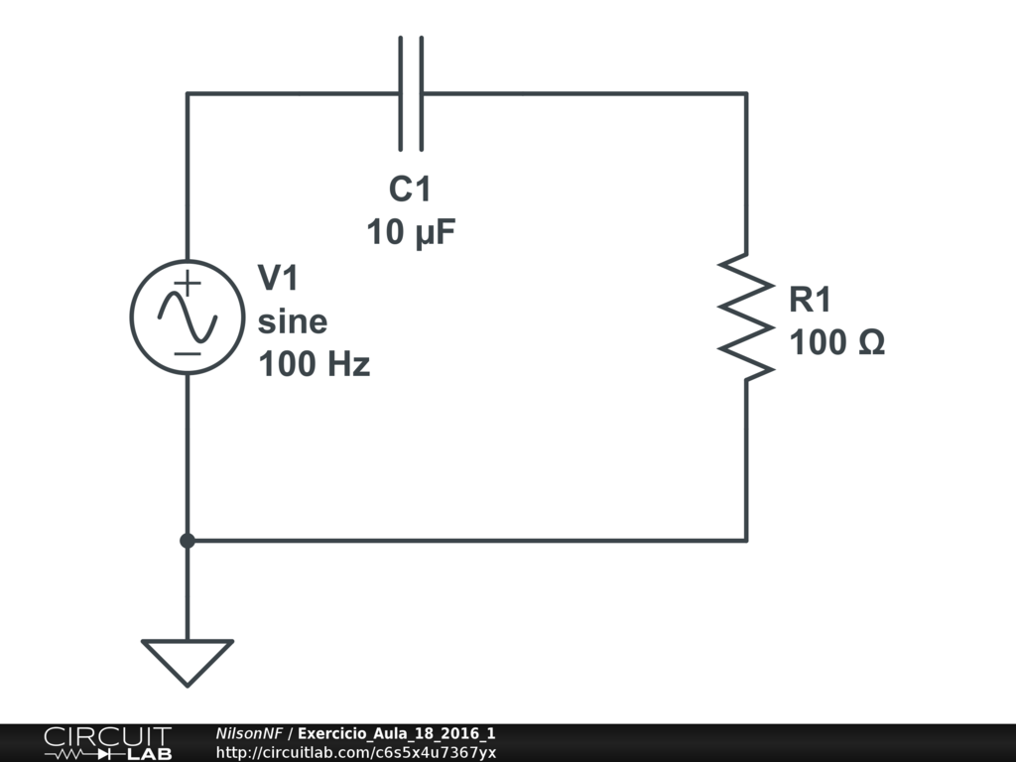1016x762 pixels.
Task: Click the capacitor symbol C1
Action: tap(411, 94)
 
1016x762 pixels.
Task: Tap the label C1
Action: tap(410, 190)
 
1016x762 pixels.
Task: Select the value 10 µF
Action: tap(411, 231)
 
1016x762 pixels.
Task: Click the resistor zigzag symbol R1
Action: tap(746, 317)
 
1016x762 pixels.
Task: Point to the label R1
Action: tap(810, 300)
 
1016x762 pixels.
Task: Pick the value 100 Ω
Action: tap(837, 342)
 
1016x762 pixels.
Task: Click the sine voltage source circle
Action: tap(188, 317)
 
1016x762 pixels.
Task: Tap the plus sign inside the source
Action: tap(188, 283)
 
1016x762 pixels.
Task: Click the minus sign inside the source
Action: tap(188, 354)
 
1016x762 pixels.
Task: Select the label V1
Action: tap(278, 278)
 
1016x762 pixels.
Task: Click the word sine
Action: tap(293, 321)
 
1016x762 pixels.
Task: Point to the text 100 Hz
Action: tap(315, 363)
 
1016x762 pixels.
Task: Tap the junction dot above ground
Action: tap(188, 541)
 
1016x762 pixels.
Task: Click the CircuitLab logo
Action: tap(107, 743)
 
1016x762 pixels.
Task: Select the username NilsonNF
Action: tap(249, 733)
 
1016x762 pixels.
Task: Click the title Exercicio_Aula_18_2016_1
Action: tap(397, 733)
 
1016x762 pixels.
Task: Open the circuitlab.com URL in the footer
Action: tap(356, 753)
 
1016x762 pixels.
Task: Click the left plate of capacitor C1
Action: tap(401, 94)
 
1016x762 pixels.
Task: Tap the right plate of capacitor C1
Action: tap(422, 94)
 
